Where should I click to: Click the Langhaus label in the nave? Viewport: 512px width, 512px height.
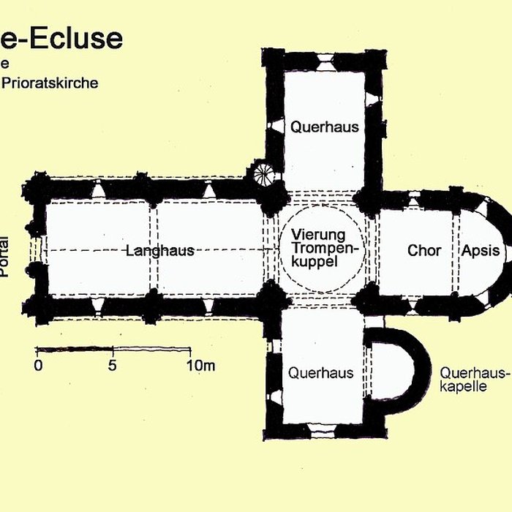[159, 251]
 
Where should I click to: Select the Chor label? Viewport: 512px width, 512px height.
[424, 251]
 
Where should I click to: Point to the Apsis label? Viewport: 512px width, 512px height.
[481, 251]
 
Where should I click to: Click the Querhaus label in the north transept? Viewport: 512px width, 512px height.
[325, 127]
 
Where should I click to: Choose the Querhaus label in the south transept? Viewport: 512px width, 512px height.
[320, 372]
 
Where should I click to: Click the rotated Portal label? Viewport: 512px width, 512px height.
[6, 256]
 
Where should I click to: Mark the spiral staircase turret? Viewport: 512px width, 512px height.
[263, 174]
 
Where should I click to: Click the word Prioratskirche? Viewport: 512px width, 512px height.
[50, 83]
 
